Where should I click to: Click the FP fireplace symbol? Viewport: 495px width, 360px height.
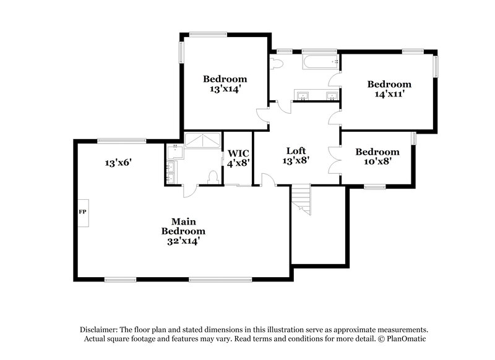82,212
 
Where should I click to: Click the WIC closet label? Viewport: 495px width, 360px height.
238,158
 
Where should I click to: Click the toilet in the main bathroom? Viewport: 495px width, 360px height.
213,177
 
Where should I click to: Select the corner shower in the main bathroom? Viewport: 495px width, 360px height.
203,140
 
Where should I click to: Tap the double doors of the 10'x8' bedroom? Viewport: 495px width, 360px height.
335,158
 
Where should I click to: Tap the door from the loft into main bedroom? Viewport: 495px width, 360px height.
268,180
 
